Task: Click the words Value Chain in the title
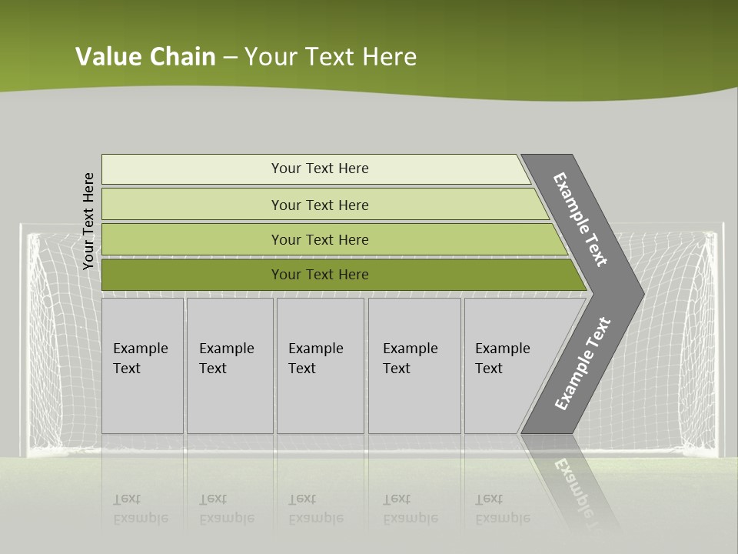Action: (145, 57)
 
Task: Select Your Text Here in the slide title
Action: (331, 57)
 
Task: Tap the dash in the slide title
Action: (230, 58)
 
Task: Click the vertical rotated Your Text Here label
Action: (88, 221)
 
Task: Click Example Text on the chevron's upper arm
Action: (580, 219)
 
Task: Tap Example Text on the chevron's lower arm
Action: (582, 364)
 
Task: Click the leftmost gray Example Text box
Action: (142, 365)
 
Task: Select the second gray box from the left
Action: (229, 365)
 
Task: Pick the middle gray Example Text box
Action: (320, 365)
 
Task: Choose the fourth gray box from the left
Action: (414, 365)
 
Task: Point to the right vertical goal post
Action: (721, 339)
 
